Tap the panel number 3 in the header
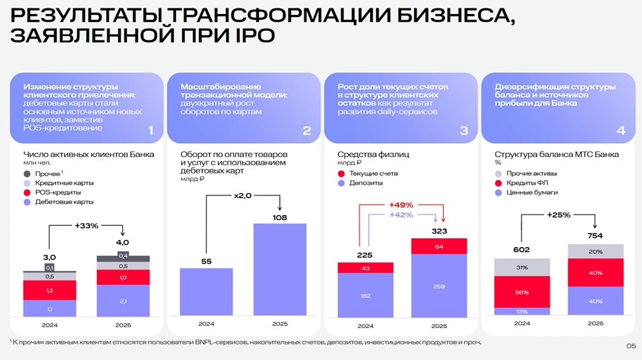tap(464, 131)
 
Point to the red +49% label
tap(400, 205)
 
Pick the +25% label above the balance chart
tap(559, 214)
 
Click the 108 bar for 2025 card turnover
tap(280, 270)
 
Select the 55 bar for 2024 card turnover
tap(206, 292)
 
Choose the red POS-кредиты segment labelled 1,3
tap(49, 291)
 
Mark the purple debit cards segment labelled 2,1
tap(122, 302)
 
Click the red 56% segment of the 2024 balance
tap(521, 292)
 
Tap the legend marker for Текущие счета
tap(342, 174)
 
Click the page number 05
tap(630, 346)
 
